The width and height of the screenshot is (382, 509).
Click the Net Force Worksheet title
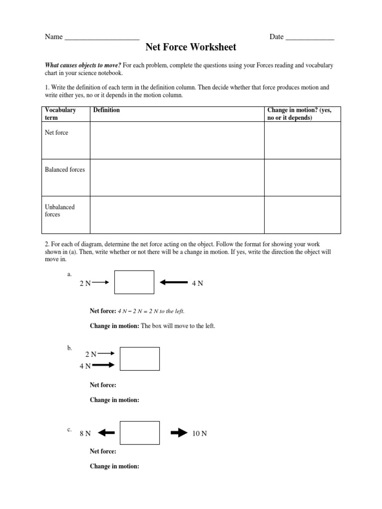191,48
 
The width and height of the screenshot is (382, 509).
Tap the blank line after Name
102,37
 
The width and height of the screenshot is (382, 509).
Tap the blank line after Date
310,37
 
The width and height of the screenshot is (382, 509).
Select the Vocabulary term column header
60,114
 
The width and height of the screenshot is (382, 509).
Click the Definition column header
106,110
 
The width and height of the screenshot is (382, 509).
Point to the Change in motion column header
299,114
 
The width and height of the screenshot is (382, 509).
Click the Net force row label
57,133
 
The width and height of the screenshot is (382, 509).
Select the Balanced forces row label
65,170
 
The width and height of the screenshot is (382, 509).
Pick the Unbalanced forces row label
60,211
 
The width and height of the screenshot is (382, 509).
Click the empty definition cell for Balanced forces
177,177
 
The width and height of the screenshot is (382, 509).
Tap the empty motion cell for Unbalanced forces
302,215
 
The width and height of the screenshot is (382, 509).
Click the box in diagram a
134,282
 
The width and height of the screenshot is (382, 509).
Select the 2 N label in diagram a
85,283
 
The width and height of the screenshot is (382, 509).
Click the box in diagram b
140,359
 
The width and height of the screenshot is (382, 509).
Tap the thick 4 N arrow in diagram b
104,365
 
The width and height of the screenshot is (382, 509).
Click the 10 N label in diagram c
199,433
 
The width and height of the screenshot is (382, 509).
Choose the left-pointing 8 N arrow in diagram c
106,433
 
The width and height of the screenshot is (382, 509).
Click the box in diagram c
140,433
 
